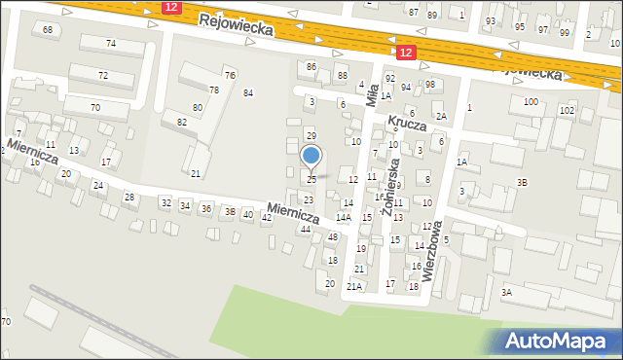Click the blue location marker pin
pos(311,157)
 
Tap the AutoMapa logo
pos(559,342)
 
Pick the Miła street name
pos(373,94)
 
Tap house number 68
pos(48,30)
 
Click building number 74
pos(111,44)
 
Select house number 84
pos(248,92)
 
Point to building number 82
pos(181,122)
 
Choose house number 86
pos(311,66)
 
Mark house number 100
pos(531,101)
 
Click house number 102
pos(566,111)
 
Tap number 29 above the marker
pos(311,135)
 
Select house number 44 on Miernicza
pos(306,229)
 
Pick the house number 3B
pos(523,182)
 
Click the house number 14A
pos(344,217)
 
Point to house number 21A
pos(354,286)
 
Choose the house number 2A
pos(441,116)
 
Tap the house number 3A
pos(506,292)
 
